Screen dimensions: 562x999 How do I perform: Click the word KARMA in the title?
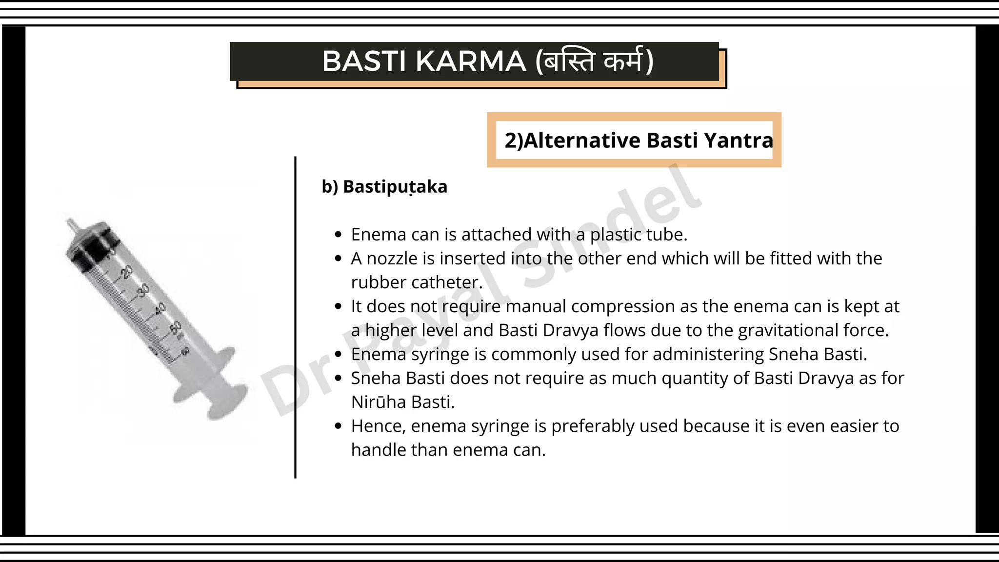[471, 61]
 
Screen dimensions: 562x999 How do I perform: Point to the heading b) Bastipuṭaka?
[384, 187]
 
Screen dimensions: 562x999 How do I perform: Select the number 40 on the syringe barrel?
[160, 308]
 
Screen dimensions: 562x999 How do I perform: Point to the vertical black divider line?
[295, 317]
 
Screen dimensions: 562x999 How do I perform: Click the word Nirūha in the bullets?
[379, 402]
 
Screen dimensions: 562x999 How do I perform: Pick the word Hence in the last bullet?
[378, 426]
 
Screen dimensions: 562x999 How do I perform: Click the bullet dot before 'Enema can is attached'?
[339, 235]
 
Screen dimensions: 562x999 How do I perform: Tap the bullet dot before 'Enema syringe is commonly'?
[339, 355]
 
